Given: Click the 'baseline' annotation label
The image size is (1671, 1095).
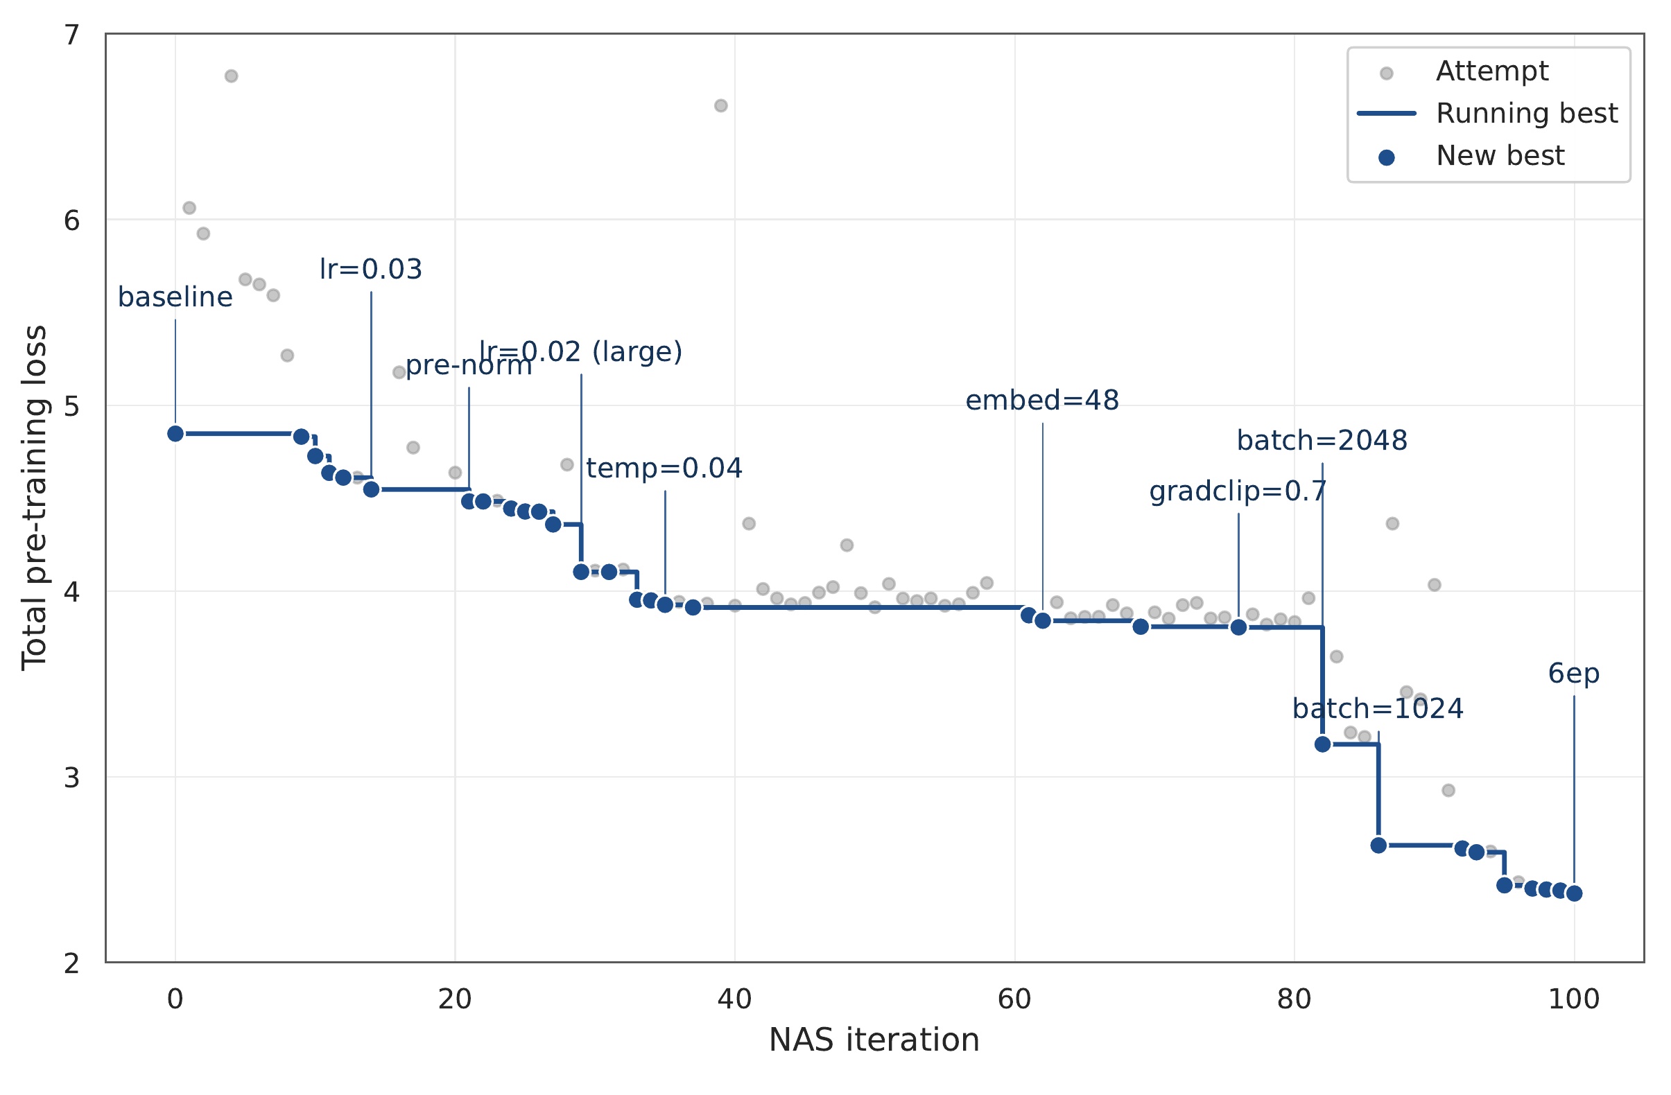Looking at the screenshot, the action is (x=175, y=297).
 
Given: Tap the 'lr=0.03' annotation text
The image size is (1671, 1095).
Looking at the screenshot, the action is (x=371, y=270).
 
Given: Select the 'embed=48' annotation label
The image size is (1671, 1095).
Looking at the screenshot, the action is (x=1042, y=401).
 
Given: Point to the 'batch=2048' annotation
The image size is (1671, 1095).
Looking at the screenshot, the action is (x=1322, y=441).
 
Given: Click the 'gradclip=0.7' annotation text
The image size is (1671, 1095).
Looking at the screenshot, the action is (x=1238, y=492).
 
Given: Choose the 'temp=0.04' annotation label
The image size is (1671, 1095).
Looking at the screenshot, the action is (x=664, y=469).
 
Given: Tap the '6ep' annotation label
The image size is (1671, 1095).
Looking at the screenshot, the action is (x=1573, y=674).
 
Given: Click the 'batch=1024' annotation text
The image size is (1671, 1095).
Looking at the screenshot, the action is (x=1378, y=709).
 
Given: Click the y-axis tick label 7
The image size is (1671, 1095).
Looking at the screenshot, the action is (x=71, y=35).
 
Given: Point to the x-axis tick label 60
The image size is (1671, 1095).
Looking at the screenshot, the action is (x=1014, y=999).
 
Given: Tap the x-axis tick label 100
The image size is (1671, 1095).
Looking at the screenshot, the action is (x=1574, y=999).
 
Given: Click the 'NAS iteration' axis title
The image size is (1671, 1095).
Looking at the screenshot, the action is (x=874, y=1040).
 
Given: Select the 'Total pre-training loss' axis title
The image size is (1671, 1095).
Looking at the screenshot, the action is (x=34, y=498).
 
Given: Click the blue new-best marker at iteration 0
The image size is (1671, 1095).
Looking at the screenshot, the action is (x=175, y=434).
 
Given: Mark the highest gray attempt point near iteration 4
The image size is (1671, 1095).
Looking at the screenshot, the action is (x=231, y=76).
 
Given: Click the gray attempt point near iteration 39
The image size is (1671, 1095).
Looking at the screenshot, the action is (x=720, y=106).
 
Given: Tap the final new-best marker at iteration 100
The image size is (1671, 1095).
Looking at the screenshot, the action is (x=1574, y=893).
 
